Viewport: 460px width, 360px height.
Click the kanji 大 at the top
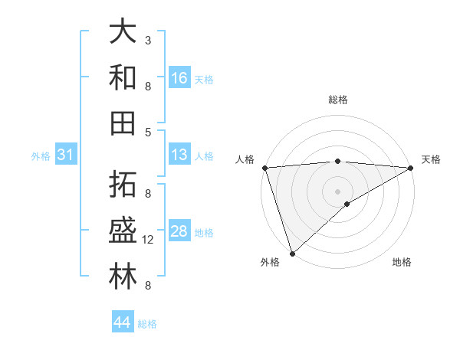[x=123, y=32]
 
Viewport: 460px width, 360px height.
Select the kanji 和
[x=123, y=77]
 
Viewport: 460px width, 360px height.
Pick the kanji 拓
[x=123, y=184]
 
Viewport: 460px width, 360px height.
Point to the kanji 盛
[x=123, y=231]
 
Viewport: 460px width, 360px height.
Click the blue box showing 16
[x=179, y=77]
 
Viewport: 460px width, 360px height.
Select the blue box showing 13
[x=179, y=155]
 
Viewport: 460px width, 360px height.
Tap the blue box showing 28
[x=179, y=231]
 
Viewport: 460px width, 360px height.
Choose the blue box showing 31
[x=66, y=155]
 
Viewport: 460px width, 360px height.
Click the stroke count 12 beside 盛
[x=149, y=241]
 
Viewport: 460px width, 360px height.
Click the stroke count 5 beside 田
[x=148, y=132]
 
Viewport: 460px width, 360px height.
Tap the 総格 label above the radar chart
[x=338, y=100]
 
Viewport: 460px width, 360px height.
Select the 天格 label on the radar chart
[x=431, y=159]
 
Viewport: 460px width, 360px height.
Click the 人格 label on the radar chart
[x=246, y=159]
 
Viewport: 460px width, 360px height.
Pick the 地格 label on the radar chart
[x=402, y=262]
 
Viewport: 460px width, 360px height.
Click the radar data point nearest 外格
[x=292, y=253]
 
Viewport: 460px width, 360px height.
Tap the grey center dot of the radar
[x=338, y=190]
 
